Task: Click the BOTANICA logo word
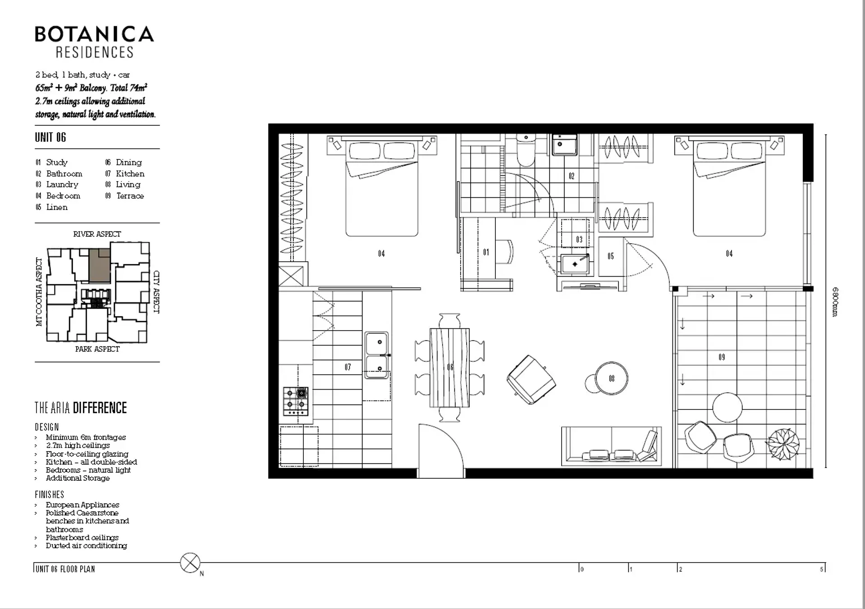[x=95, y=34]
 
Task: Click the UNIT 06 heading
[x=50, y=137]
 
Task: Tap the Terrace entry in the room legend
[x=125, y=196]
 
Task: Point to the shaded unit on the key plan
[x=100, y=265]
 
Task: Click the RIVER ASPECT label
[x=97, y=234]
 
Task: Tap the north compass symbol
[x=190, y=563]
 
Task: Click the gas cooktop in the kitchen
[x=296, y=401]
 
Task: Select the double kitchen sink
[x=377, y=355]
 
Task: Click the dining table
[x=449, y=368]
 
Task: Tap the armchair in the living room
[x=531, y=379]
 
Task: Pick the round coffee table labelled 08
[x=611, y=378]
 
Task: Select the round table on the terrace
[x=727, y=407]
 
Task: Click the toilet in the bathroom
[x=525, y=151]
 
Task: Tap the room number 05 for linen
[x=611, y=256]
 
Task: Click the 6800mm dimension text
[x=835, y=302]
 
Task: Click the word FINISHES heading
[x=50, y=495]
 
